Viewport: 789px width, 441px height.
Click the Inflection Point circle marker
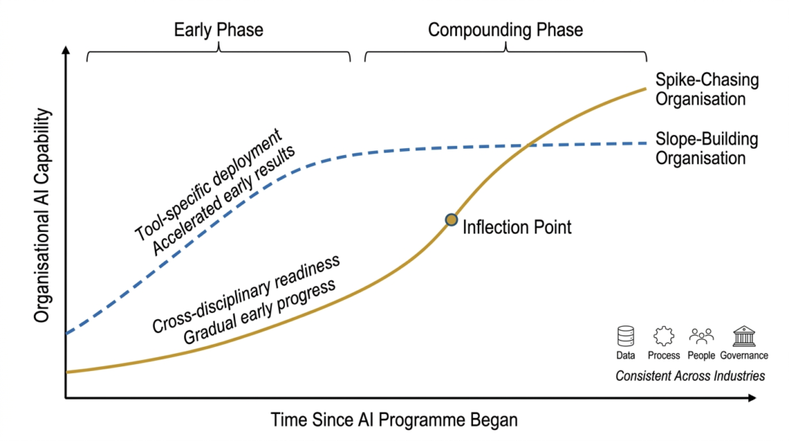tap(452, 220)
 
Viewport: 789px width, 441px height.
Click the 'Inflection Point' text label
tap(517, 227)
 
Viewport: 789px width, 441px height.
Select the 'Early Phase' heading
tap(219, 30)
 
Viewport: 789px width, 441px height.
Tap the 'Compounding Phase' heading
tap(505, 30)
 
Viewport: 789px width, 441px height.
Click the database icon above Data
tap(626, 336)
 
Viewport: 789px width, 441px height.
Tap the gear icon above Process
tap(663, 336)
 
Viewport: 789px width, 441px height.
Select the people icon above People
tap(701, 336)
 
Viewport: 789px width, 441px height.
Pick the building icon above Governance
tap(744, 336)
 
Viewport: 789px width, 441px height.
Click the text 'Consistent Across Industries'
tap(690, 376)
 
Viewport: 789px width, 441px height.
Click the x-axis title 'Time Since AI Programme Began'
tap(394, 421)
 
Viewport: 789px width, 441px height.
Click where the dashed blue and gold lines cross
tap(527, 145)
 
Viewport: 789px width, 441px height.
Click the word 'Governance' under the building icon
tap(744, 355)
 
